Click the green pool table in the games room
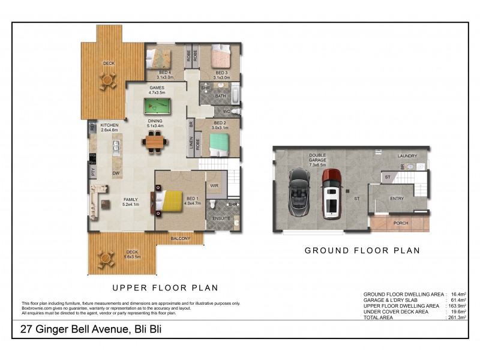(157, 106)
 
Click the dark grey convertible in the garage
(299, 192)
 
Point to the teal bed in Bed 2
(218, 144)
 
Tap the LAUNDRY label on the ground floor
(407, 156)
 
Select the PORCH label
(401, 223)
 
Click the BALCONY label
(181, 239)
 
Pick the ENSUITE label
(221, 218)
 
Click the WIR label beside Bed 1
(214, 185)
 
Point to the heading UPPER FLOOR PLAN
(166, 287)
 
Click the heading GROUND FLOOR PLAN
(362, 250)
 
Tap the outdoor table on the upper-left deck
(108, 80)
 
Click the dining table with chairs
(154, 142)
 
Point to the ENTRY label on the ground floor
(397, 198)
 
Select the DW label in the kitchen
(116, 173)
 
